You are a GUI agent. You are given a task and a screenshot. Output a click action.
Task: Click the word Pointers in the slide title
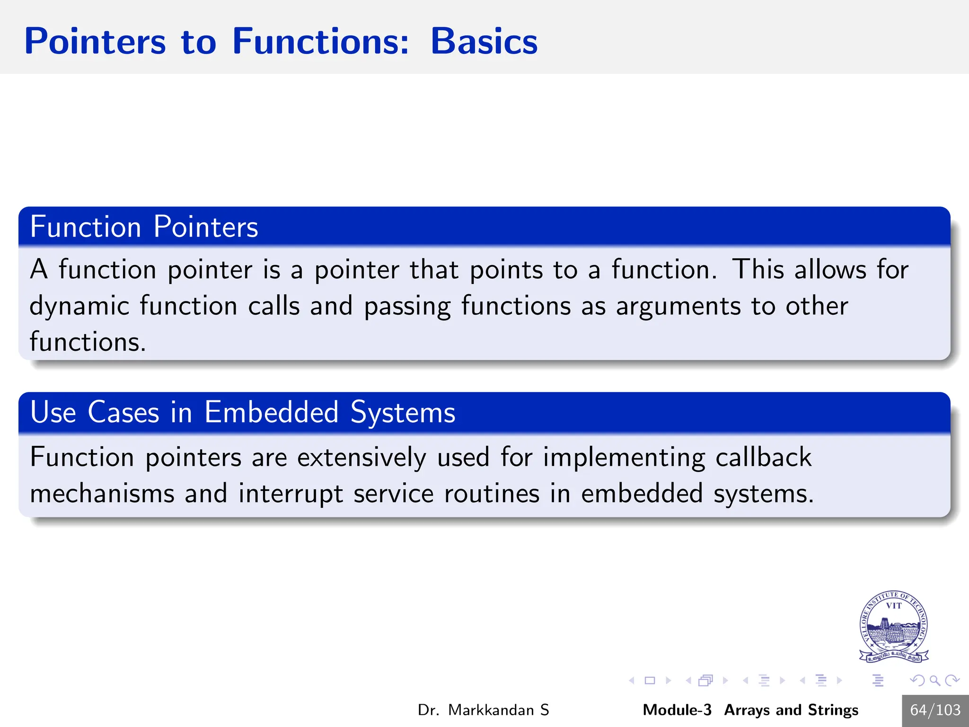(95, 42)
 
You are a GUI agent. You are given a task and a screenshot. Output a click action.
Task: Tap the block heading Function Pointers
(144, 227)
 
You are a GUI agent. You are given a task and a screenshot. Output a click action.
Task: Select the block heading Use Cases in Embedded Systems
(242, 412)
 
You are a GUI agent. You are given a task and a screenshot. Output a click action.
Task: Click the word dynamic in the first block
(79, 306)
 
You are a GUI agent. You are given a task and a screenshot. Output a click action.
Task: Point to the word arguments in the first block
(678, 306)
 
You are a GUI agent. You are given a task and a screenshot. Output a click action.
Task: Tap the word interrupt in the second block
(291, 494)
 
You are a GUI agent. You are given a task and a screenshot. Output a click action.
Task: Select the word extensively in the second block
(361, 457)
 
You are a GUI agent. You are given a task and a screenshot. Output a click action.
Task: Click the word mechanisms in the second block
(102, 494)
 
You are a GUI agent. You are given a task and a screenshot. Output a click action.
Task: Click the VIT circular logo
(893, 626)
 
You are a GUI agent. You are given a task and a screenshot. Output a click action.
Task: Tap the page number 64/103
(935, 710)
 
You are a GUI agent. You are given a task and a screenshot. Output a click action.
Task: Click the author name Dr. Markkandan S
(483, 710)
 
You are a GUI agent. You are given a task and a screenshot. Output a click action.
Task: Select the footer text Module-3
(677, 710)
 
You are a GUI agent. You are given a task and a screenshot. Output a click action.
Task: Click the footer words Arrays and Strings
(791, 710)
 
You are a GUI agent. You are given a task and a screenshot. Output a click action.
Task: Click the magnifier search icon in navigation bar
(934, 681)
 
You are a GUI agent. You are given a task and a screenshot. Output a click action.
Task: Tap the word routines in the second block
(492, 494)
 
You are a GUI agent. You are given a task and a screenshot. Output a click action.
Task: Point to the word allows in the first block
(830, 270)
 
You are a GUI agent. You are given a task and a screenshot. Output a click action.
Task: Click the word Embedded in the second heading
(272, 412)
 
